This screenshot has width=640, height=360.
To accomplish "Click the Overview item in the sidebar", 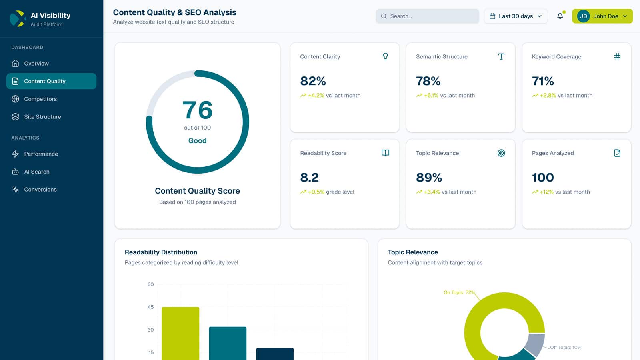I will [36, 64].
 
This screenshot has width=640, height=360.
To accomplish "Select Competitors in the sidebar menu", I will [40, 99].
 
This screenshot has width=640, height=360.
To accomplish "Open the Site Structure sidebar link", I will [42, 117].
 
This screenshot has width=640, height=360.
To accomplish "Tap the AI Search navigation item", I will [36, 172].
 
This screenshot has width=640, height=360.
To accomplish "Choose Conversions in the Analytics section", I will [40, 190].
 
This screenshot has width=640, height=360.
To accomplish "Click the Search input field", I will [427, 16].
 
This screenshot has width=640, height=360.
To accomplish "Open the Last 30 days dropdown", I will [516, 16].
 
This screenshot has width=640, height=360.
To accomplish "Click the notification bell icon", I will [560, 16].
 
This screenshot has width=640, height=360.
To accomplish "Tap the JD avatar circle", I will [583, 16].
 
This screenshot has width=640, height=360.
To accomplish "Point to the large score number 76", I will [197, 110].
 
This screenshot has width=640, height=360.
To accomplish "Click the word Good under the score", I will [197, 141].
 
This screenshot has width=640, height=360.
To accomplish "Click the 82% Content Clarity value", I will [313, 81].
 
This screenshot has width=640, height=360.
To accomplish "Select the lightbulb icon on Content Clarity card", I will [385, 57].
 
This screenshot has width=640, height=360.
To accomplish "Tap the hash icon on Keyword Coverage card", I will [617, 57].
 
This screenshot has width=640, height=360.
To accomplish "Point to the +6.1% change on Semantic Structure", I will [431, 96].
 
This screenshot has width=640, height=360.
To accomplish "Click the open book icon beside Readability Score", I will [385, 153].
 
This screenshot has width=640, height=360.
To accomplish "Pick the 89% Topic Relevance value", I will [429, 178].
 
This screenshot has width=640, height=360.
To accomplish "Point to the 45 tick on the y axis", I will [150, 307].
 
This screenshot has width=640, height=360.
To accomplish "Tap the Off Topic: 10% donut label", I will [565, 348].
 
